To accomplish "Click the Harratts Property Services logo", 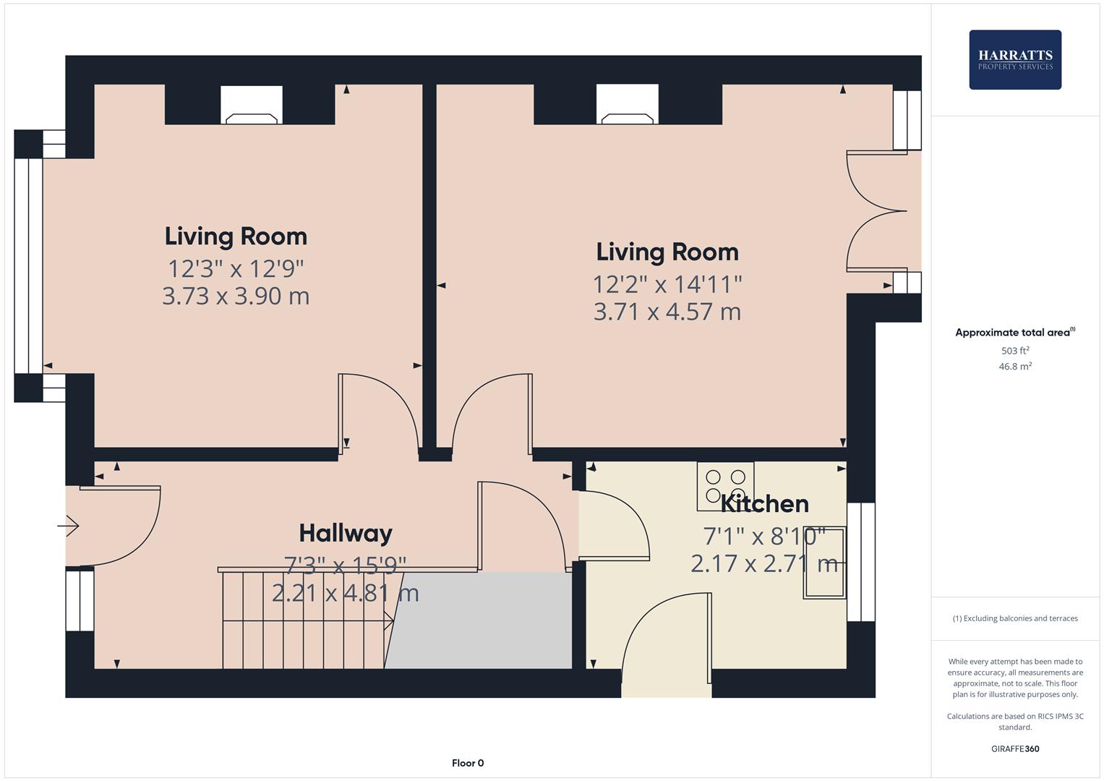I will point(1014,59).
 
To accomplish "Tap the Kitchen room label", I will point(764,503).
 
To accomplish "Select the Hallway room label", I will point(346,533).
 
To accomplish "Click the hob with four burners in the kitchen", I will point(725,486).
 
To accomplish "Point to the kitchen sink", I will point(824,563).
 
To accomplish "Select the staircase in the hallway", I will point(304,620).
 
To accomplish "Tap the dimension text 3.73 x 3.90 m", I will point(236,296).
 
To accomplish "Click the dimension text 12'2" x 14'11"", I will point(667,283).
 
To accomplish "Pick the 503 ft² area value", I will point(1014,351).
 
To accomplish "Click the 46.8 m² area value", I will point(1014,367).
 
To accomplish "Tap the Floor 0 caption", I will point(468,763).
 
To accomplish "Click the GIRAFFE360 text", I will point(1014,748).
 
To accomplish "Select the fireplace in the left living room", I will point(251,106).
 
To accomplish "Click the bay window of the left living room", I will point(28,265).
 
